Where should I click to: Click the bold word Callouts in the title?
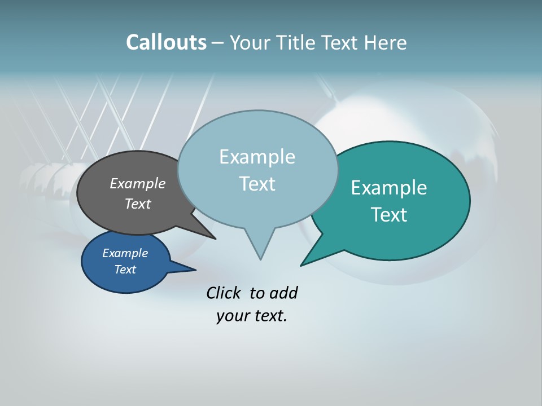click(166, 42)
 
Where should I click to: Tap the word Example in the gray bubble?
click(138, 183)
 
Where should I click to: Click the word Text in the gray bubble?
click(138, 204)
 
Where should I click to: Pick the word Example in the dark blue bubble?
click(125, 253)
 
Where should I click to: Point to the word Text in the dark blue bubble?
click(125, 270)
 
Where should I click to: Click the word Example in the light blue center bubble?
click(257, 157)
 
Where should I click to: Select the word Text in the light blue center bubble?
click(257, 184)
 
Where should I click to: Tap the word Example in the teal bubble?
click(389, 188)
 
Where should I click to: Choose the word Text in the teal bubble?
click(389, 215)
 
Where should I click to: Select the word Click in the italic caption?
click(223, 293)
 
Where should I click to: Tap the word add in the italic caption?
click(283, 293)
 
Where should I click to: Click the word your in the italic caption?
click(232, 315)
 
